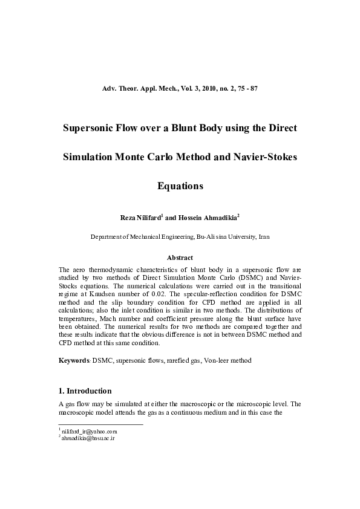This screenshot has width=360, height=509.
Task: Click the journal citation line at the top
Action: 180,89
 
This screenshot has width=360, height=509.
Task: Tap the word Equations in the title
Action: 180,186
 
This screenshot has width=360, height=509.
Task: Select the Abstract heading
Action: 180,258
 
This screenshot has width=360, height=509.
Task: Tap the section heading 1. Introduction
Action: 85,391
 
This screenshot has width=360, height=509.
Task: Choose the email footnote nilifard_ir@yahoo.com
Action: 90,432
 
